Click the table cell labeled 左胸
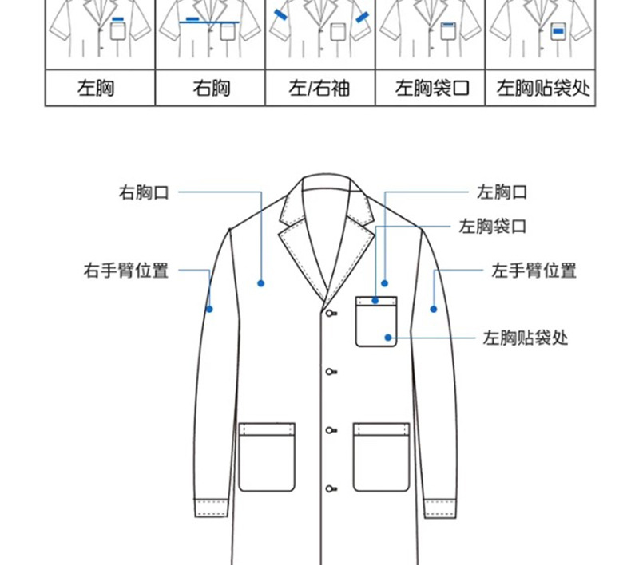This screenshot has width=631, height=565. (x=96, y=87)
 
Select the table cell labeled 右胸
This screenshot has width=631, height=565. (x=211, y=87)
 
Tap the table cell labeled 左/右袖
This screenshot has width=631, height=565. (x=319, y=87)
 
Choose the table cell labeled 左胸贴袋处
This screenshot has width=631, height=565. (x=543, y=87)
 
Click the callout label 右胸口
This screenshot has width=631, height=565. (x=145, y=192)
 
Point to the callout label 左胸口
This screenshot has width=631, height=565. (x=502, y=192)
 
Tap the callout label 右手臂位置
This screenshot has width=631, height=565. (x=126, y=271)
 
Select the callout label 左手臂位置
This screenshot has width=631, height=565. (x=534, y=271)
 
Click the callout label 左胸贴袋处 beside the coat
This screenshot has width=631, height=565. (x=526, y=338)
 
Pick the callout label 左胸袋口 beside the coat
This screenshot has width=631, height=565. (x=493, y=227)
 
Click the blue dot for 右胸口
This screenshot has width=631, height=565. (x=260, y=283)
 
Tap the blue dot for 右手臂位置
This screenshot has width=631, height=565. (x=209, y=309)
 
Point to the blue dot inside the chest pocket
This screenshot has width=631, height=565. (x=388, y=338)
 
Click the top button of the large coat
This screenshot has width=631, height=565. (x=329, y=313)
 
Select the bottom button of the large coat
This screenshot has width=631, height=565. (x=329, y=488)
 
